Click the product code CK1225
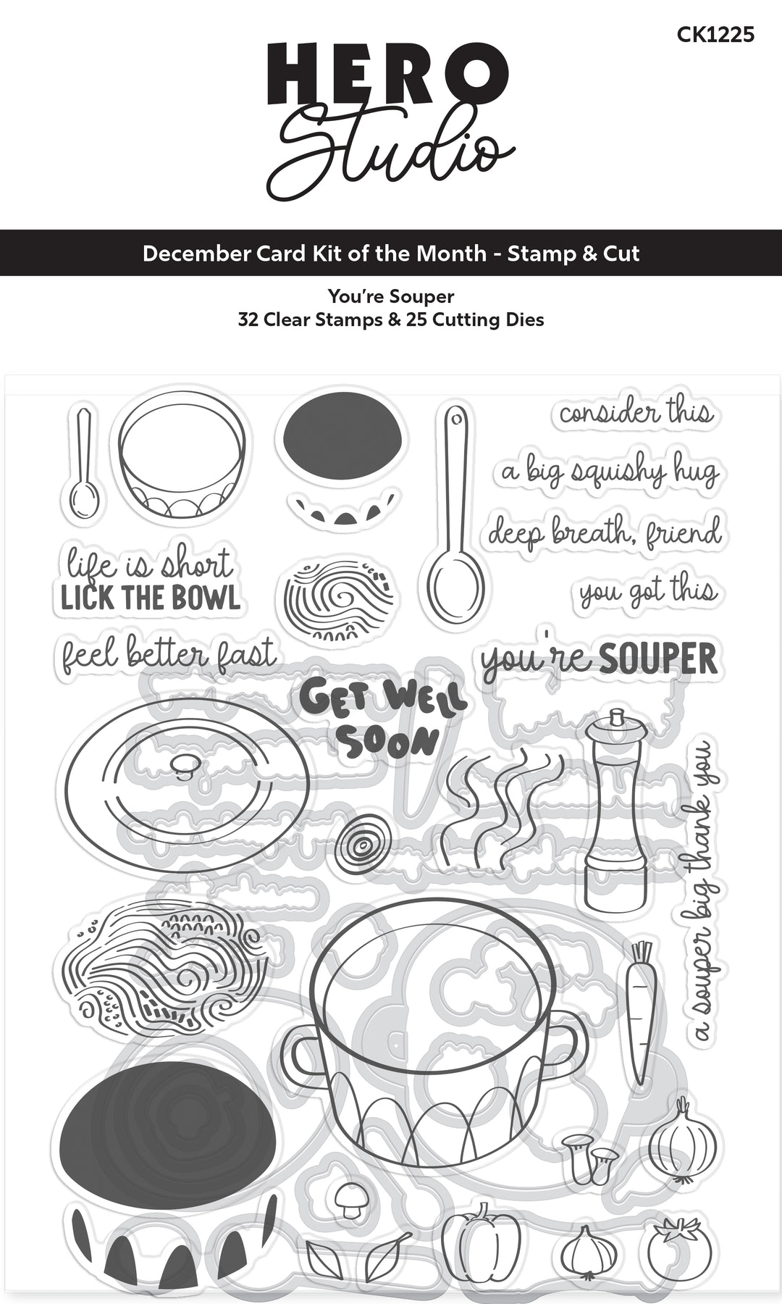point(715,34)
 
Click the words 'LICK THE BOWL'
point(151,598)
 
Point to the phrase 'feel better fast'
point(169,653)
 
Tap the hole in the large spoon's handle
point(455,418)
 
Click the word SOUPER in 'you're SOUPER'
point(659,660)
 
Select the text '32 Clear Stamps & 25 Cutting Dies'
point(391,319)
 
